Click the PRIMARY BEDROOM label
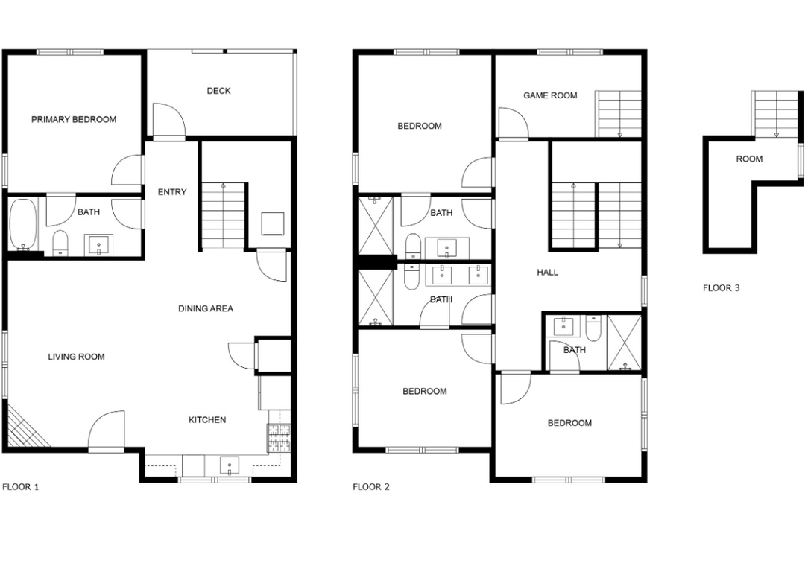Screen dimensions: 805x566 click(x=74, y=120)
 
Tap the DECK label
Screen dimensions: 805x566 click(x=218, y=91)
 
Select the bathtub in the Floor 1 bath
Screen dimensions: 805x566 click(x=22, y=224)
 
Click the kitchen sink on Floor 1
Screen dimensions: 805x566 click(x=229, y=466)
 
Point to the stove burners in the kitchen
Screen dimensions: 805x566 click(x=278, y=439)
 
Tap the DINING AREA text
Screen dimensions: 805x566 click(x=206, y=308)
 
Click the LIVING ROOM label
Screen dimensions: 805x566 click(x=77, y=357)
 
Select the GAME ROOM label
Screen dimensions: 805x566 click(x=550, y=95)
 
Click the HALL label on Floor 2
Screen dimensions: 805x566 click(x=548, y=273)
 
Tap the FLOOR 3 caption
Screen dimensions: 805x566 click(x=722, y=288)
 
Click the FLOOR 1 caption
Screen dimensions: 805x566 click(x=21, y=487)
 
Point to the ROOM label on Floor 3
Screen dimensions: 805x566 click(x=750, y=159)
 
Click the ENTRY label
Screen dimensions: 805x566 click(x=172, y=192)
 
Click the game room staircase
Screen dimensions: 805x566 click(x=618, y=114)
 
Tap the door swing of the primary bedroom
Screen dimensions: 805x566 click(x=127, y=170)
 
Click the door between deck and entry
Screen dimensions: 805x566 click(x=169, y=120)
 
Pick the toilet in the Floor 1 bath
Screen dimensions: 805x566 click(x=60, y=243)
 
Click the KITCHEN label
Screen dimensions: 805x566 click(x=207, y=420)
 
